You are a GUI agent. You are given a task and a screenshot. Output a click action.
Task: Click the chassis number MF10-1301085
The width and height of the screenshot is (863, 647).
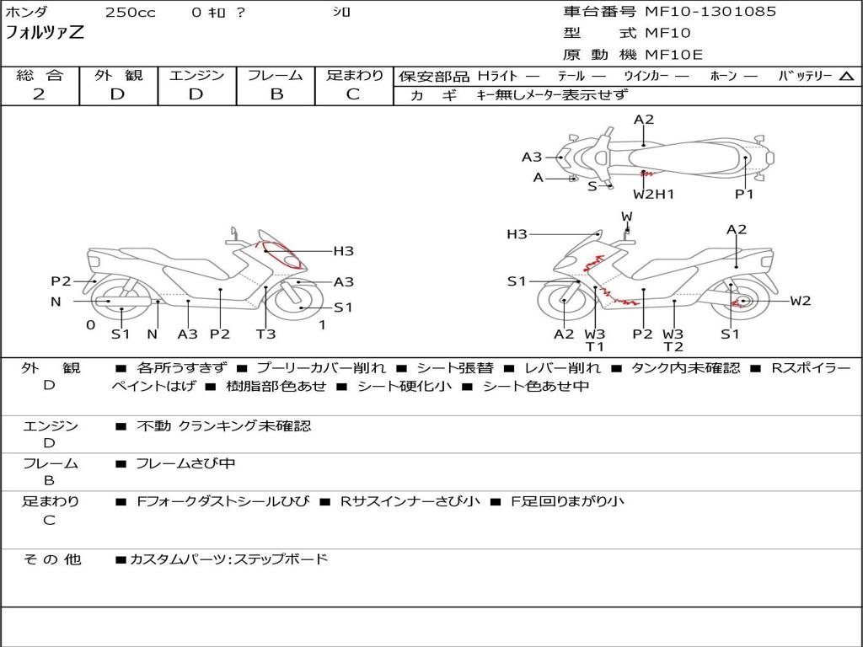[x=710, y=12]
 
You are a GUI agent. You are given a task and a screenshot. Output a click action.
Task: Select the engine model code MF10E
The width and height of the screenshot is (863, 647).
[x=674, y=55]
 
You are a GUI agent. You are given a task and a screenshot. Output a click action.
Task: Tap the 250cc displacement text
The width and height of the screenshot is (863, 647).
[x=130, y=13]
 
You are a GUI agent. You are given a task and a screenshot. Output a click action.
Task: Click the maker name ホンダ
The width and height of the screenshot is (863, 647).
[x=27, y=13]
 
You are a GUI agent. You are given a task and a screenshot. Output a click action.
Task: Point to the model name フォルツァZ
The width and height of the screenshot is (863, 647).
[x=45, y=34]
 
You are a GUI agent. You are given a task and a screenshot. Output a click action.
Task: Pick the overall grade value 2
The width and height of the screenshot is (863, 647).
[x=39, y=94]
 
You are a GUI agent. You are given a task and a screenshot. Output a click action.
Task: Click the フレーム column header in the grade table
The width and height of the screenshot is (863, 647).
[x=276, y=75]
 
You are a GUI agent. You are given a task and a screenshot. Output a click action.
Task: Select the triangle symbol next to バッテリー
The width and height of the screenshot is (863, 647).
[x=846, y=76]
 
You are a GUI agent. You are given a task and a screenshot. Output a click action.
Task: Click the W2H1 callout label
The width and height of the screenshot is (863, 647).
[x=654, y=195]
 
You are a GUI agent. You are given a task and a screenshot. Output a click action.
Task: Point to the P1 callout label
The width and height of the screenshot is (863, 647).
[x=744, y=195]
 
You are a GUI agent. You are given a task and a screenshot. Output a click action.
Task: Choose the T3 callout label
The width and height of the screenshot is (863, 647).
[x=265, y=334]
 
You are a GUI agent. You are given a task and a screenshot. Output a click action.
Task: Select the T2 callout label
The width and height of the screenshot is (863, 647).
[x=673, y=346]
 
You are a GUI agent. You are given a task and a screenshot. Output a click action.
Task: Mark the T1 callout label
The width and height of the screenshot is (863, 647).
[x=595, y=346]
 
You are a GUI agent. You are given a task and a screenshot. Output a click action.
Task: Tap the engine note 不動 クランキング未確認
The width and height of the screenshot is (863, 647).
[x=223, y=425]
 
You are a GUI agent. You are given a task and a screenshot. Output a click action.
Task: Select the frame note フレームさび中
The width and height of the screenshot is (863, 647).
[x=185, y=463]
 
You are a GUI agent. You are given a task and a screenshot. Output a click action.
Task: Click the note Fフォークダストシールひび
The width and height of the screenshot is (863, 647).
[x=222, y=501]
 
